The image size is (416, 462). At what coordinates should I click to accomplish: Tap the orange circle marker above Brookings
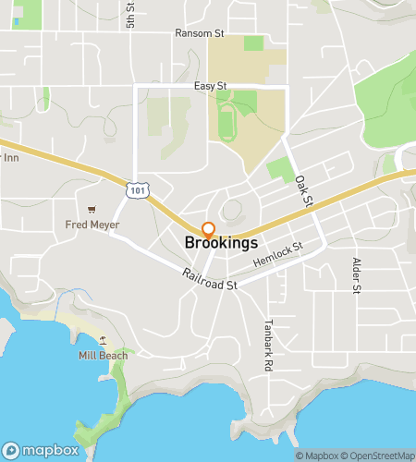pyautogui.click(x=208, y=228)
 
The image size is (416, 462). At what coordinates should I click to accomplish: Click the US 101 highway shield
pyautogui.click(x=136, y=189)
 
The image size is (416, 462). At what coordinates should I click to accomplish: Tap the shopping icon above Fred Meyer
pyautogui.click(x=91, y=210)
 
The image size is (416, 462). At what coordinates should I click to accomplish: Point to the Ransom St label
pyautogui.click(x=200, y=33)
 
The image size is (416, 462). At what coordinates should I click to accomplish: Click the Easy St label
pyautogui.click(x=211, y=86)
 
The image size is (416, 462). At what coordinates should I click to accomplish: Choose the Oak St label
pyautogui.click(x=305, y=191)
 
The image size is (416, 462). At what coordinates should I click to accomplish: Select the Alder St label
pyautogui.click(x=356, y=275)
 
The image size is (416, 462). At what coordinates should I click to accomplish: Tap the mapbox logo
pyautogui.click(x=43, y=449)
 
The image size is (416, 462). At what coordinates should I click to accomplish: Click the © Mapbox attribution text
pyautogui.click(x=317, y=456)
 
